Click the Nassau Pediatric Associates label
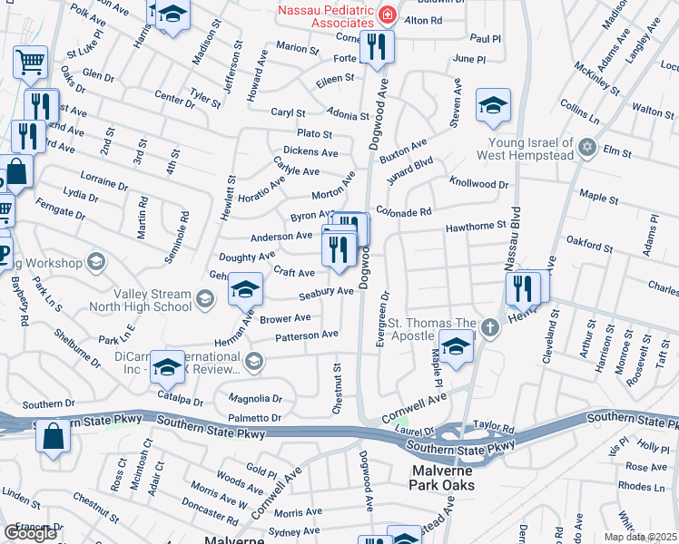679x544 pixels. click(326, 15)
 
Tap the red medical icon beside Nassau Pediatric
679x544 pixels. click(388, 15)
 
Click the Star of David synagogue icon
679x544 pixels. click(586, 145)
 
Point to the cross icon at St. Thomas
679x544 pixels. click(490, 326)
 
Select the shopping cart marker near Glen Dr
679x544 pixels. click(30, 62)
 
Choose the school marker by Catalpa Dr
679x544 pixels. click(167, 365)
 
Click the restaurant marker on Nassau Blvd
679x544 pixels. click(523, 287)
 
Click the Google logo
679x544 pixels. click(30, 533)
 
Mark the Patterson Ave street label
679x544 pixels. click(308, 335)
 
